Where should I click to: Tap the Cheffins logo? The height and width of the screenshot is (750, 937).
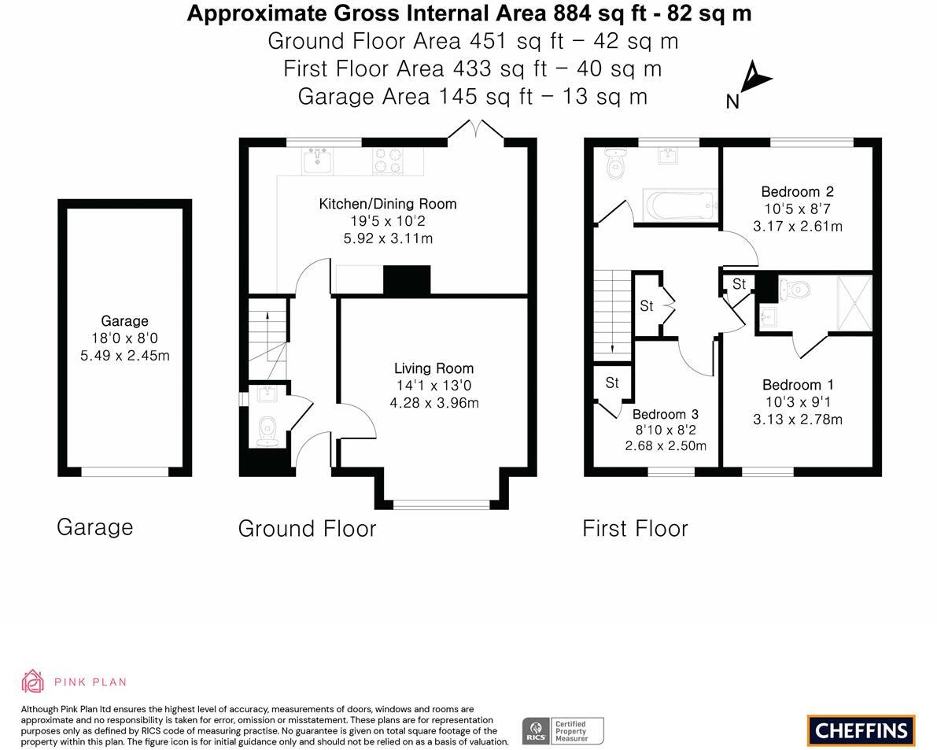(x=861, y=730)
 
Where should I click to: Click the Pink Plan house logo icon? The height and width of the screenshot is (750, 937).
(x=32, y=681)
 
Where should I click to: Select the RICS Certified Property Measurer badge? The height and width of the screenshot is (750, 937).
(x=563, y=730)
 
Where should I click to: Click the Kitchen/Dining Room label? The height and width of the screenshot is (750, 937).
(x=387, y=204)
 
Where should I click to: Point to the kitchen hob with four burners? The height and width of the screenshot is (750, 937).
(x=387, y=161)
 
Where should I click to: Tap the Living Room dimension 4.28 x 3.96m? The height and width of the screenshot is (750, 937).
(x=434, y=403)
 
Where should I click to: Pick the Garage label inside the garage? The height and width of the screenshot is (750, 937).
(x=124, y=321)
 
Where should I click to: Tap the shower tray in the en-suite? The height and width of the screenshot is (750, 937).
(x=854, y=302)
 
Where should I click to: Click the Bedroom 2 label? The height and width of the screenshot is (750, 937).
(x=797, y=191)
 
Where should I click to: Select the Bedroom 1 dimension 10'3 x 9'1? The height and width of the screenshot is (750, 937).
(x=797, y=402)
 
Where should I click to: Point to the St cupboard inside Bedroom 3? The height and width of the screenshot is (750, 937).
(x=612, y=383)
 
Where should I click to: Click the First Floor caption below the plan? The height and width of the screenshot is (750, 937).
(x=635, y=528)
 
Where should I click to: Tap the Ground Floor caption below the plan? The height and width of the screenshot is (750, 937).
(x=307, y=528)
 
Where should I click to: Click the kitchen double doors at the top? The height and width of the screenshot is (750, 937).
(x=475, y=130)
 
